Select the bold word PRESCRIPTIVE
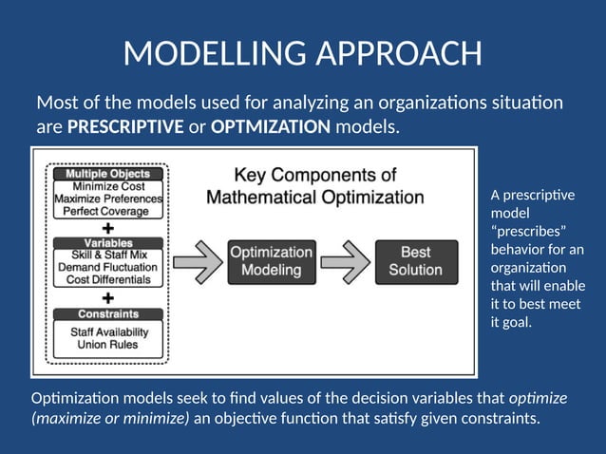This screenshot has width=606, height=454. (125, 126)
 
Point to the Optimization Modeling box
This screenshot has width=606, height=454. (272, 261)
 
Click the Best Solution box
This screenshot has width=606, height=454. (415, 261)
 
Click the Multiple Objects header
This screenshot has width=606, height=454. (107, 174)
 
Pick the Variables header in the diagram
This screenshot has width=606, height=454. (107, 243)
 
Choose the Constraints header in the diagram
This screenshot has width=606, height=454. (107, 313)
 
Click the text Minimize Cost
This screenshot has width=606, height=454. (107, 186)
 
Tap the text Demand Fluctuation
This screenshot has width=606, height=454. (107, 269)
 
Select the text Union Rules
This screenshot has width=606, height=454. (107, 344)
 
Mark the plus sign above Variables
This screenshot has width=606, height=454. (107, 228)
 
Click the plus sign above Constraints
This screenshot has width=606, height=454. (107, 297)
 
